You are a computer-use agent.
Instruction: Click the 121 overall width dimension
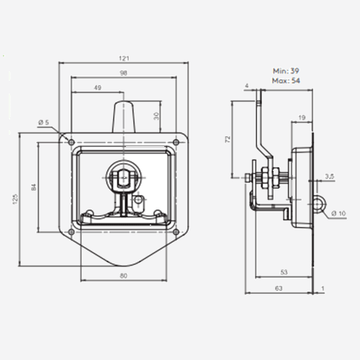[124, 58]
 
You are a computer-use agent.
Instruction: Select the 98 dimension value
[123, 73]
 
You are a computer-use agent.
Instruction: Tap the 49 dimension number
[97, 88]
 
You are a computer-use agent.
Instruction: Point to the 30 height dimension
[156, 116]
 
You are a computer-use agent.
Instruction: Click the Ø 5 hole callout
[44, 122]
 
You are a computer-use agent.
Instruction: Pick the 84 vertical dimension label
[34, 187]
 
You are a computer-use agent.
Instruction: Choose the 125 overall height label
[15, 199]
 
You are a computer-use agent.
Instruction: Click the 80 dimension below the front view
[123, 276]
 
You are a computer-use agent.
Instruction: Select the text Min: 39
[286, 71]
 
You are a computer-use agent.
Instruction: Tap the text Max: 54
[286, 81]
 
